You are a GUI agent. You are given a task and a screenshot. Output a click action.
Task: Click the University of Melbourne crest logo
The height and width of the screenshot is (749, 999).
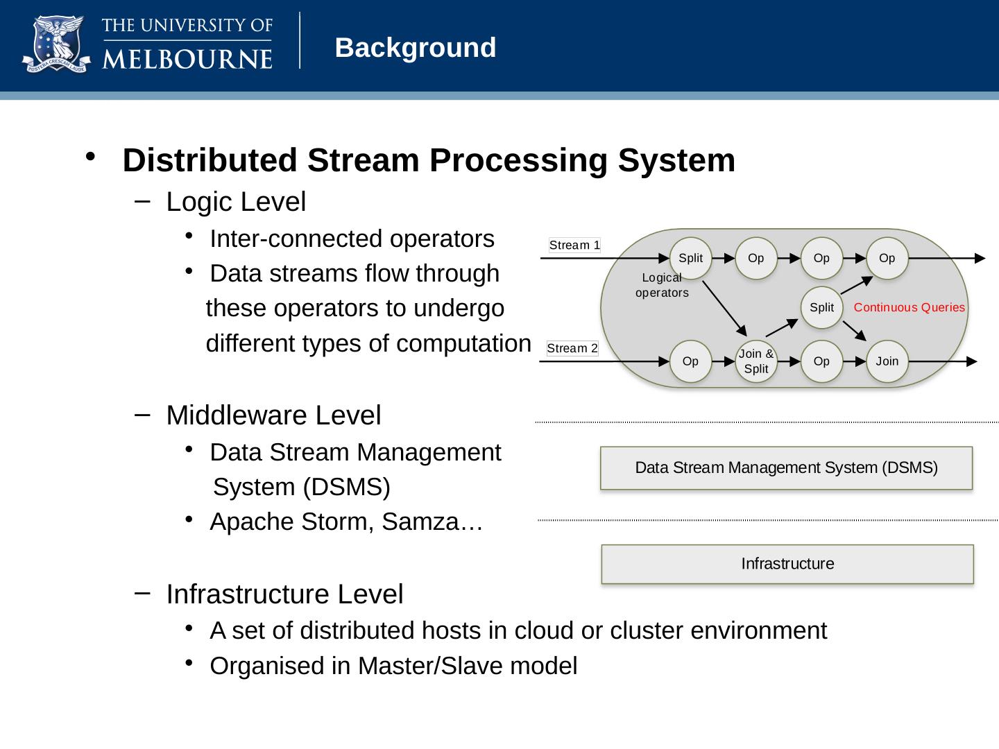pos(56,44)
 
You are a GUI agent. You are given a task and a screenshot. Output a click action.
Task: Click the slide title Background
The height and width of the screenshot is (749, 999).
pos(415,48)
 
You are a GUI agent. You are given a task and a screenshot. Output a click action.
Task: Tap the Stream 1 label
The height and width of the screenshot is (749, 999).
pos(574,245)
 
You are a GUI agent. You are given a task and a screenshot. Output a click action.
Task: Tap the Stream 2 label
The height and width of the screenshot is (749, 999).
pos(572,348)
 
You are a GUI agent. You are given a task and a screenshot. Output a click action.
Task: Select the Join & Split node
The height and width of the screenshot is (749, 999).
pos(755,361)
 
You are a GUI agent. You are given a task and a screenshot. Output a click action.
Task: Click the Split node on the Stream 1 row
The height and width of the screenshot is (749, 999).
pos(690,258)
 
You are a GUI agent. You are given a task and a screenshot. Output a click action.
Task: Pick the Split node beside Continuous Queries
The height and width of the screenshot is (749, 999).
pos(821,307)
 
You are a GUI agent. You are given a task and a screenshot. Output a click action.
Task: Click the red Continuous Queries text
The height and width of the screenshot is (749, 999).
pos(909,307)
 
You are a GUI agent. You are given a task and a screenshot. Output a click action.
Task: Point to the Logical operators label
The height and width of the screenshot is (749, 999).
pos(662,285)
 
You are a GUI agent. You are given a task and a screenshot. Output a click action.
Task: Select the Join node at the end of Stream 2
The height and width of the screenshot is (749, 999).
pos(887,361)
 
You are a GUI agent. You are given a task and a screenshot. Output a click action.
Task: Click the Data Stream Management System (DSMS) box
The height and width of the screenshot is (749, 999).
pos(786,468)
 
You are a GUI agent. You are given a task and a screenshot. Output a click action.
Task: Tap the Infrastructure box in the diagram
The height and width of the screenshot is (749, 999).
pos(787,564)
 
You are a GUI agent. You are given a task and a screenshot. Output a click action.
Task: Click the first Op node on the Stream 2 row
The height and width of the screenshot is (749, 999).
pos(690,361)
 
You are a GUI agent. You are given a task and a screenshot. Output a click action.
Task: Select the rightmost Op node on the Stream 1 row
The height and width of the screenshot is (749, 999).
pos(887,258)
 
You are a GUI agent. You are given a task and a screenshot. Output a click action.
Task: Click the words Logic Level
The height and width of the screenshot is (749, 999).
pos(236,202)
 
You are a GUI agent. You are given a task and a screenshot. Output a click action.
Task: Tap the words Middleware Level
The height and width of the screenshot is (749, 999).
pos(273,415)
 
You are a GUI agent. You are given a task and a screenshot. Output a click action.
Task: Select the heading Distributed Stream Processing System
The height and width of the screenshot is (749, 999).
pos(428,160)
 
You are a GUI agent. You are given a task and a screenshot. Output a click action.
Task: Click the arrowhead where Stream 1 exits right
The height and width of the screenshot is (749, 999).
pos(980,259)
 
